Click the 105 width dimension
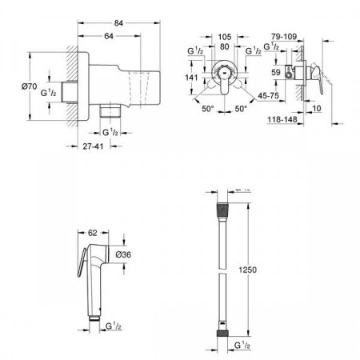tap(226, 37)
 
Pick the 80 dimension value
tap(226, 46)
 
